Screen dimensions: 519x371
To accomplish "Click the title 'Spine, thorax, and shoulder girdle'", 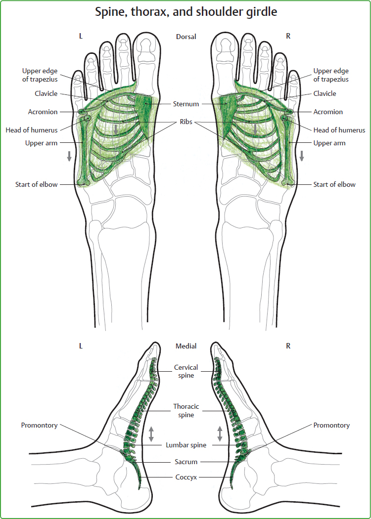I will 185,12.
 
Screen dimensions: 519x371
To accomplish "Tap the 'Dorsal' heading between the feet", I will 186,37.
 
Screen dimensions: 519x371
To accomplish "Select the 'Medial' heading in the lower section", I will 186,346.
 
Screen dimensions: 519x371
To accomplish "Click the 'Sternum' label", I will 186,104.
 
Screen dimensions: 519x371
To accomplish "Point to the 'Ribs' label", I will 185,122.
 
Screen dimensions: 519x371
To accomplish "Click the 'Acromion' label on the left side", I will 43,112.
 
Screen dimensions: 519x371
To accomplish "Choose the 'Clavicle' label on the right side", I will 325,93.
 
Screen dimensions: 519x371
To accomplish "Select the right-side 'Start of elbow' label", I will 334,184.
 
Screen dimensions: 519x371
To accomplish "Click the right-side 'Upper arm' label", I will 329,143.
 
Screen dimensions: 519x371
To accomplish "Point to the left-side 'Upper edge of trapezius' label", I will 40,75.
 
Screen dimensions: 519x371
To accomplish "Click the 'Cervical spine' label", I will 186,371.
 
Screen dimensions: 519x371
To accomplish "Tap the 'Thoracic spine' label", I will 186,411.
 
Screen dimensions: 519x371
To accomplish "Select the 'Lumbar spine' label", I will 186,445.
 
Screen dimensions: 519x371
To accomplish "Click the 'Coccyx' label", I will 186,477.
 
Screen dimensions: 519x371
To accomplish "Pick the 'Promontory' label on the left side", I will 39,425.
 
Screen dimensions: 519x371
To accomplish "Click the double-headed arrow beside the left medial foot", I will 151,433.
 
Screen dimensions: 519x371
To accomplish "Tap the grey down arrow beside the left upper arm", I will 69,155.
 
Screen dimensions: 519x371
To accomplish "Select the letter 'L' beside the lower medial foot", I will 81,346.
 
